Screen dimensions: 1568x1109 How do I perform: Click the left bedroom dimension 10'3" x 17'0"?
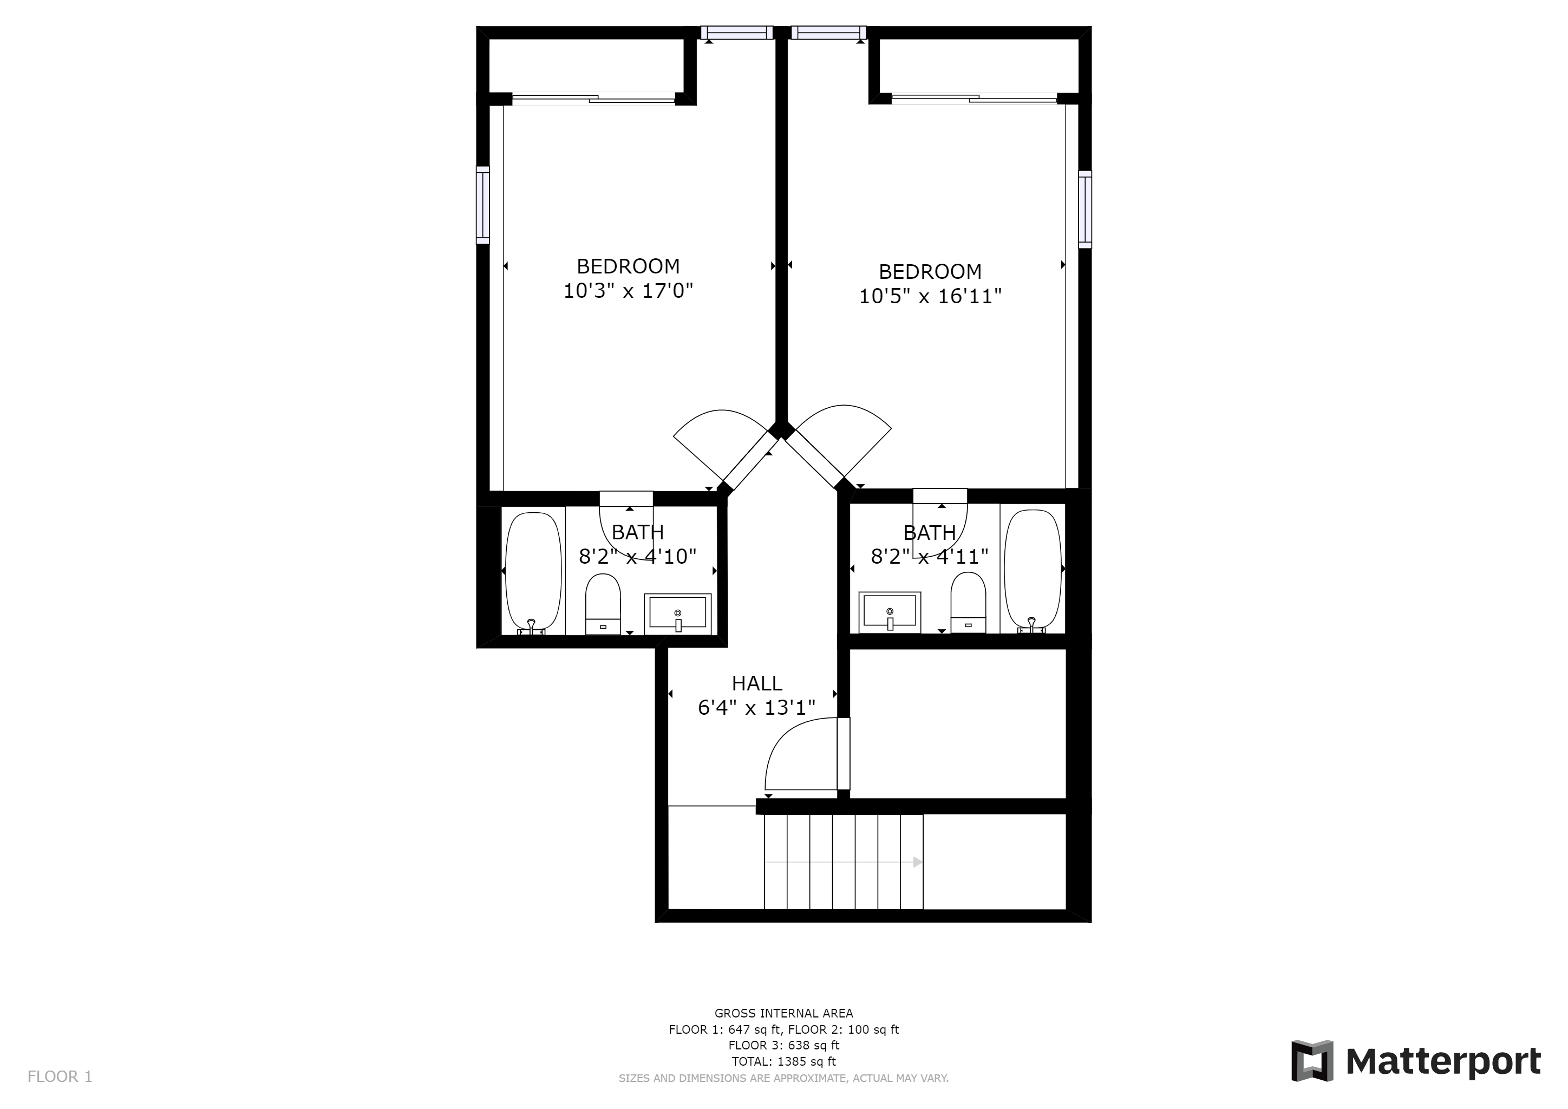point(628,291)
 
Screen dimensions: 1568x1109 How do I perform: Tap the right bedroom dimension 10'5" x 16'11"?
point(930,296)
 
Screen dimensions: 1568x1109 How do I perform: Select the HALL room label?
point(757,683)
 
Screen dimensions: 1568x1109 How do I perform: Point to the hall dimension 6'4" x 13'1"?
point(757,707)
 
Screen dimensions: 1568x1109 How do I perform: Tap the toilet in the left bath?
point(603,604)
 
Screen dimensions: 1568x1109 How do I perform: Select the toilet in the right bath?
point(969,602)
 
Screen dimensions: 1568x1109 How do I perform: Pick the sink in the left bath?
point(677,612)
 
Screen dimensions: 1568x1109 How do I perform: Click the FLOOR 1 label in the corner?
point(60,1077)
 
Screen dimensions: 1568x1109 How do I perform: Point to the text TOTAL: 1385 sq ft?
point(784,1061)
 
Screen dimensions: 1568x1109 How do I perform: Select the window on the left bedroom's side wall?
point(483,205)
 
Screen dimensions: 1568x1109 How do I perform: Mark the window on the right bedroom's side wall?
point(1085,209)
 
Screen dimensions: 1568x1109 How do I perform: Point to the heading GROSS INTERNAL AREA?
point(784,1013)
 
